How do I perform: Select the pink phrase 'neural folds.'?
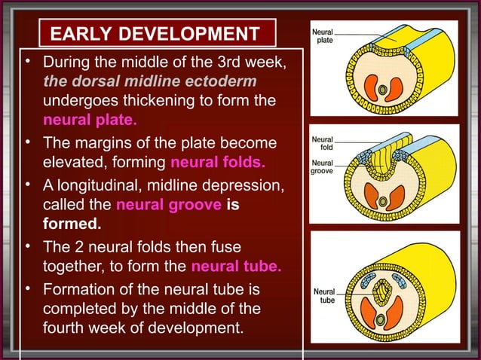point(218,162)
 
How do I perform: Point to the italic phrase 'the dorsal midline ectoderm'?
point(149,80)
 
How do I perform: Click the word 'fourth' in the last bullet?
point(65,328)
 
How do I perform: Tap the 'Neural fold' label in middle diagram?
point(323,144)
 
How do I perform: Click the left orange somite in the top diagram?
point(372,87)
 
